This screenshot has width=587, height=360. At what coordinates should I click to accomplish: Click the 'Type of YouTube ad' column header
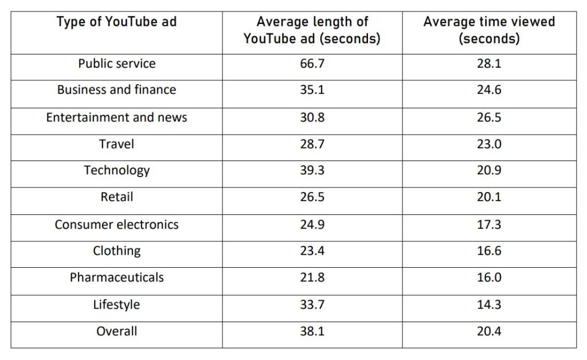pos(116,22)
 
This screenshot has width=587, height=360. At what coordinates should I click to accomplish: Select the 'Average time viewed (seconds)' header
pos(489,30)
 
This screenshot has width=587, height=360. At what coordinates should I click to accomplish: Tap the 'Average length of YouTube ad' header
pos(312,30)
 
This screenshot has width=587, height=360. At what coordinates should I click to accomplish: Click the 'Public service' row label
pos(116,64)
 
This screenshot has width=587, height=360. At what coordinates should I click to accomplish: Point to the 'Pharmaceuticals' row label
pos(116,277)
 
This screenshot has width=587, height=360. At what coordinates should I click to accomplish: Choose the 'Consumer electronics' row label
pos(116,225)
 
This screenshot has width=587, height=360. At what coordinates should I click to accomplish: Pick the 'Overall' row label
pos(116,331)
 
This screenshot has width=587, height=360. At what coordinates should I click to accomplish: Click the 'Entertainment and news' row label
pos(116,118)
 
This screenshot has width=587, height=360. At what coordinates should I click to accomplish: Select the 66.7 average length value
pos(312,64)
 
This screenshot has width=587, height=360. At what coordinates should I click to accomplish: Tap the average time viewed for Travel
pos(489,144)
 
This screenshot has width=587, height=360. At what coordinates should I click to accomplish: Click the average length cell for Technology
pos(312,170)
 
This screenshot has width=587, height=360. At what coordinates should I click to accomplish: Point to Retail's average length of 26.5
pos(312,197)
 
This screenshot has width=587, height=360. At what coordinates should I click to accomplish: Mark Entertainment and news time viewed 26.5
pos(489,118)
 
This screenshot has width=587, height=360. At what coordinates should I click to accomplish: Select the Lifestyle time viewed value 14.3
pos(489,305)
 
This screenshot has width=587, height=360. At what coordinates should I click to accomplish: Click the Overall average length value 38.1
pos(312,331)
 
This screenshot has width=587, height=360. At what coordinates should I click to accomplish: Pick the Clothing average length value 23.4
pos(312,251)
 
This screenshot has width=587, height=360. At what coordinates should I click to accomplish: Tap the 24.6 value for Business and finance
pos(489,90)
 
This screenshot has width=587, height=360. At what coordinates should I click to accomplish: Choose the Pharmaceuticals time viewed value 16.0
pos(489,277)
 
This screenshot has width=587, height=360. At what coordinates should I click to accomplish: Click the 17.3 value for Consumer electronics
pos(489,225)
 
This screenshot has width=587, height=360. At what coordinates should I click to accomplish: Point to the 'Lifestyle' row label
pos(116,305)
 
